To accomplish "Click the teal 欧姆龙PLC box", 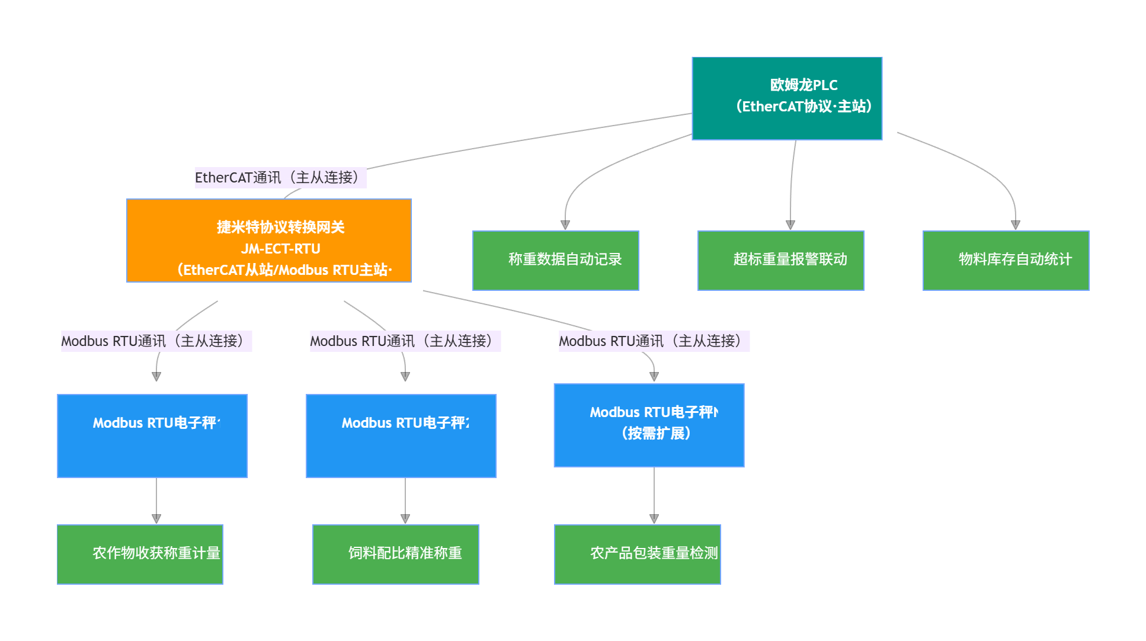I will tap(787, 98).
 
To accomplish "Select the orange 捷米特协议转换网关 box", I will tap(268, 241).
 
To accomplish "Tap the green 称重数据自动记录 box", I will tap(555, 261).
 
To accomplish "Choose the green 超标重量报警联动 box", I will tap(780, 261).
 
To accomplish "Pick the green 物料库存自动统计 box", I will tap(1006, 261).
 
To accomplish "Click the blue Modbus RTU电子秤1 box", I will tap(152, 436).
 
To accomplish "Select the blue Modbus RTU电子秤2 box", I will tap(401, 436).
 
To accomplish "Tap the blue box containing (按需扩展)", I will tap(649, 425).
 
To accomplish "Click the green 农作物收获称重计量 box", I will tap(140, 555).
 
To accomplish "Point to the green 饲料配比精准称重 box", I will tap(395, 555).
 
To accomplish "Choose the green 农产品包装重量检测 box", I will tap(637, 555).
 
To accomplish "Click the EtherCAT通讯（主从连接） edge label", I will tap(280, 178).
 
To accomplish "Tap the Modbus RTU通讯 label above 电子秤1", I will tap(156, 341).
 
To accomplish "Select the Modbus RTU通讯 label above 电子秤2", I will tap(405, 341).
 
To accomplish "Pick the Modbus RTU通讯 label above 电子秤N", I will tap(654, 341).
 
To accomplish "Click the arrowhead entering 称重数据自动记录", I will tap(565, 225).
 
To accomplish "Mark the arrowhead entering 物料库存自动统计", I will tap(1016, 225).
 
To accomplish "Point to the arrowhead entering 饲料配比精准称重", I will tap(405, 519).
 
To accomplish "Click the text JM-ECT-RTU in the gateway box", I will tap(280, 249).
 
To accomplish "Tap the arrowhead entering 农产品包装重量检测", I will tap(654, 519).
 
